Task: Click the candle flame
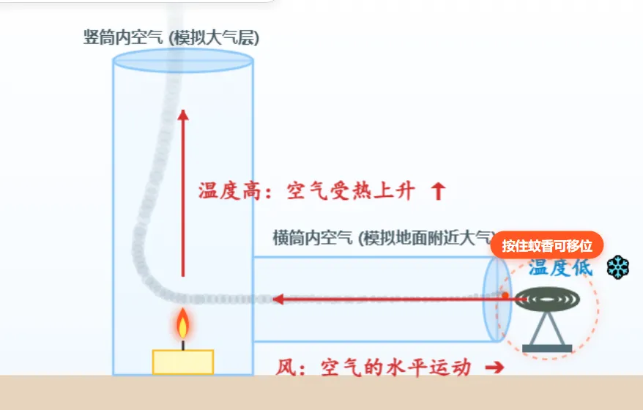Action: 183,324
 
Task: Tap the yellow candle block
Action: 183,362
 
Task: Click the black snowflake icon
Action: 618,267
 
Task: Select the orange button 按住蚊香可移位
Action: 547,245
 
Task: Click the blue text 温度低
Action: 560,268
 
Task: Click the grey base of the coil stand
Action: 547,348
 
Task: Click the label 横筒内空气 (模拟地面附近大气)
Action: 384,238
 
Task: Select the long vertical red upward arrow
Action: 183,193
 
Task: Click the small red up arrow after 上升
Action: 439,191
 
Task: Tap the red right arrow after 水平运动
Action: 494,367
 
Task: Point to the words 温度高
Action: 229,191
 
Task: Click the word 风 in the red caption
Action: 286,368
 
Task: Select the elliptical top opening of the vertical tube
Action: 183,61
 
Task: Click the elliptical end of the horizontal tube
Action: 497,299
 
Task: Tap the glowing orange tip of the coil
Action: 505,295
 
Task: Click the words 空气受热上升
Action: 351,191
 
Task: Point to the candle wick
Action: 183,345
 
